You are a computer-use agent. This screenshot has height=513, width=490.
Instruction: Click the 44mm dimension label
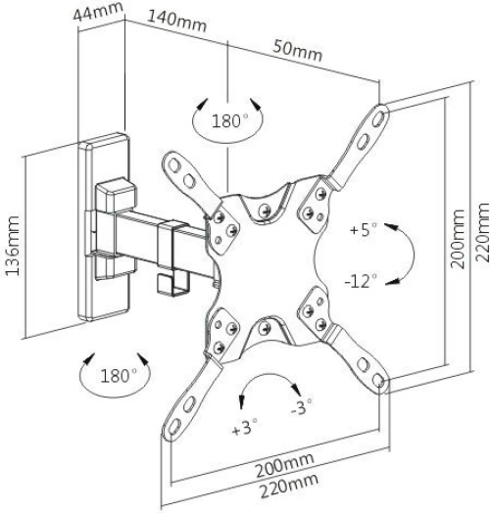[x=98, y=11]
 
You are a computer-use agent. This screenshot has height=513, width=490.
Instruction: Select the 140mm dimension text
[x=177, y=21]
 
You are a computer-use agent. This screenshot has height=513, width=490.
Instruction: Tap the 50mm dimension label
[x=298, y=51]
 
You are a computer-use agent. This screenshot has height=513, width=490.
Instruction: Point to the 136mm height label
[x=13, y=246]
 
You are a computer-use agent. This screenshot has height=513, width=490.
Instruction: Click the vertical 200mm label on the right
[x=457, y=239]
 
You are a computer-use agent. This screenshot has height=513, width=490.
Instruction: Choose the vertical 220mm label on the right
[x=481, y=232]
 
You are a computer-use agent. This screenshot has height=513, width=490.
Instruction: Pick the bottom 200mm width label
[x=285, y=465]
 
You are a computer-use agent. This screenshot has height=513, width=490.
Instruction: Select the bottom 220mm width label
[x=289, y=486]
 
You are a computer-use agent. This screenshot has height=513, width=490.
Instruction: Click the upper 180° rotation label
[x=229, y=120]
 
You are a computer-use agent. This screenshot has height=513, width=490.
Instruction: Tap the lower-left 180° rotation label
[x=119, y=376]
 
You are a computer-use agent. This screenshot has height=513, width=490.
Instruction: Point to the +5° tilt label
[x=364, y=229]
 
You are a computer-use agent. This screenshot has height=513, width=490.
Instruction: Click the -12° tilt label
[x=361, y=281]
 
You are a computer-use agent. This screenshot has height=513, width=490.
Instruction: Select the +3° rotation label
[x=244, y=427]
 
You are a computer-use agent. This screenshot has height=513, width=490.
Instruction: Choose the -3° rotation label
[x=301, y=406]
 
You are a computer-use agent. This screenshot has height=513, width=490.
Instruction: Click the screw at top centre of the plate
[x=265, y=211]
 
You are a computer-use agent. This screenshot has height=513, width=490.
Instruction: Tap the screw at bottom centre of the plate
[x=265, y=328]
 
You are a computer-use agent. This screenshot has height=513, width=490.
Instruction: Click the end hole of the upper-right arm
[x=378, y=118]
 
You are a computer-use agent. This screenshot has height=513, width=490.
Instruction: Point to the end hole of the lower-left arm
[x=174, y=426]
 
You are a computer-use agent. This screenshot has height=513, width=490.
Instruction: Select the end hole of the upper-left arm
[x=173, y=165]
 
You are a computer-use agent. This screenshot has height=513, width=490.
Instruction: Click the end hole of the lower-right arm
[x=378, y=380]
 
